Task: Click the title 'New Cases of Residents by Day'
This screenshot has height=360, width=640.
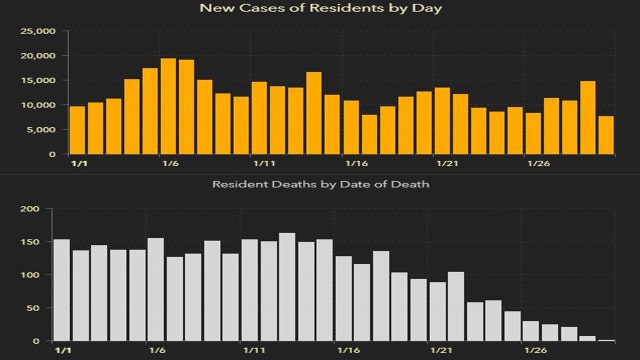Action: [x=319, y=9]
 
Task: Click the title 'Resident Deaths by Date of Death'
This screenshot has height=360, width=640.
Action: [x=319, y=185]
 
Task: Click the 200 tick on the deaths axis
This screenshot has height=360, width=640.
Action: [x=32, y=209]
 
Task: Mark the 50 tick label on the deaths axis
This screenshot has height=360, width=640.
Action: [x=35, y=308]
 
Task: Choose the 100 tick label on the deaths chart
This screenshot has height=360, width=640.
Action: [x=32, y=275]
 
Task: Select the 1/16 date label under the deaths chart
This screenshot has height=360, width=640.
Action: [x=348, y=351]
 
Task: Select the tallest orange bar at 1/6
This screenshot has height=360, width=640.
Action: [x=169, y=107]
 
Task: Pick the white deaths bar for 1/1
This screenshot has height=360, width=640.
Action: [x=61, y=290]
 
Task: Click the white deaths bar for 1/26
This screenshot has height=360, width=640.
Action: [x=531, y=331]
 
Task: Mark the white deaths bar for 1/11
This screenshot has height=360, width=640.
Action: [x=250, y=290]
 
